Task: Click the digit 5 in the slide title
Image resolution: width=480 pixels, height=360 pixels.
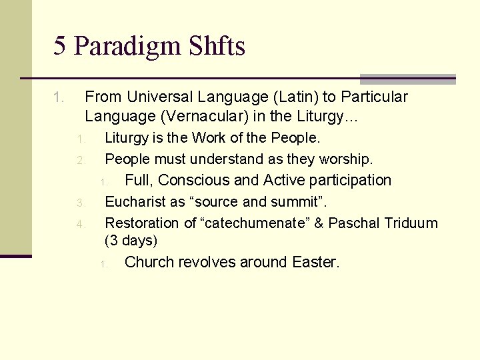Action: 60,46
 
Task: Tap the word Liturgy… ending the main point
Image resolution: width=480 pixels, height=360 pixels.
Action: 333,117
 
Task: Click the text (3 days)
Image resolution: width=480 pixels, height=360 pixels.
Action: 131,240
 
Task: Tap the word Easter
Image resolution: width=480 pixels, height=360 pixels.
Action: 315,262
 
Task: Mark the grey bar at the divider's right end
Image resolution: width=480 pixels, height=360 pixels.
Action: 407,79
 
